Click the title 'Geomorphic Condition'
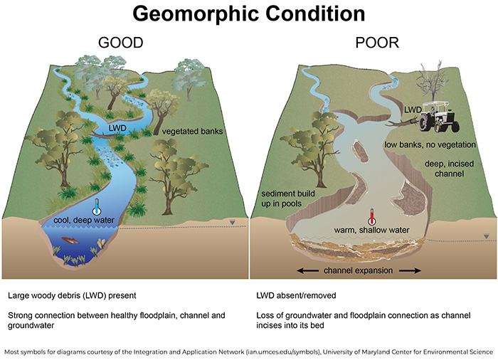tap(248, 15)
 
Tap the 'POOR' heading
tap(377, 43)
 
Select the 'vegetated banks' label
tap(189, 132)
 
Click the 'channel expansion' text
tap(359, 271)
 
